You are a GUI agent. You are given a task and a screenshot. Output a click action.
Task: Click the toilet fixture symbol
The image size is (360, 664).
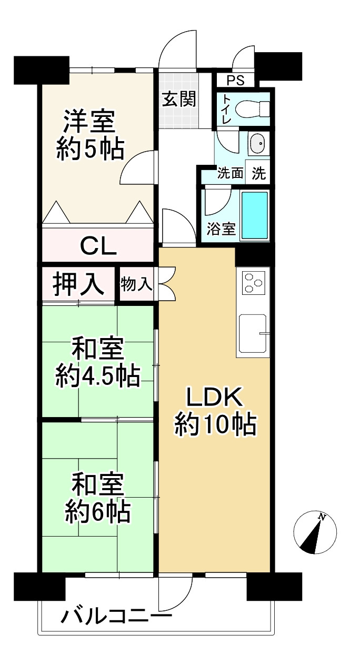(253, 109)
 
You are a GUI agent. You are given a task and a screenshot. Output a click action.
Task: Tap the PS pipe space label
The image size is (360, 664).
(236, 81)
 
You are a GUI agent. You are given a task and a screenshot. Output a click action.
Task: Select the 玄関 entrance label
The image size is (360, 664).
(179, 98)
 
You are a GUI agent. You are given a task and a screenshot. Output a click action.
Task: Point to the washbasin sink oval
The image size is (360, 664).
(257, 143)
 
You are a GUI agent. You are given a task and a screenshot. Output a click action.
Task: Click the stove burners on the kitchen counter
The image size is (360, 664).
(253, 282)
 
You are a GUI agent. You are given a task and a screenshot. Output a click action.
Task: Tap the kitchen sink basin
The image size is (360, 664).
(253, 334)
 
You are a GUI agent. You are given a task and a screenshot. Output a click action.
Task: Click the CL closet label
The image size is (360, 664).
(98, 246)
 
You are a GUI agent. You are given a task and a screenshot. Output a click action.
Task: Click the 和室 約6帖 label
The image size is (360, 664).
(97, 498)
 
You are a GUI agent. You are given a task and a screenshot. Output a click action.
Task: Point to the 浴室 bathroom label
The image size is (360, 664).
(222, 229)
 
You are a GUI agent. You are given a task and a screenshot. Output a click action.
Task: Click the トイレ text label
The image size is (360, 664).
(227, 109)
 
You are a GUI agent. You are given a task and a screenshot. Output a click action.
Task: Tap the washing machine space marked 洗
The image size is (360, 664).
(258, 173)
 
